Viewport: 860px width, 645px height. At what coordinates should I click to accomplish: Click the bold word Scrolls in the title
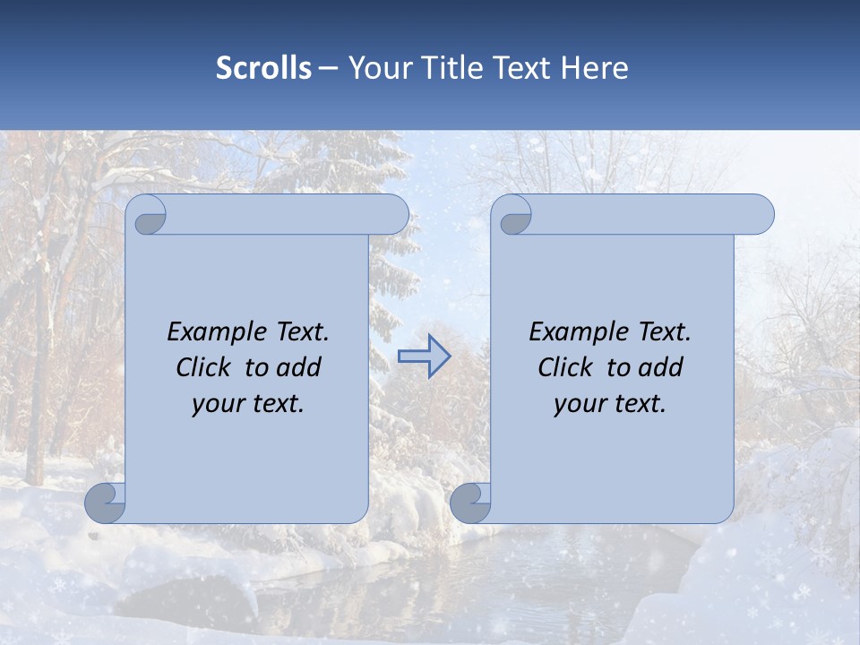pos(264,68)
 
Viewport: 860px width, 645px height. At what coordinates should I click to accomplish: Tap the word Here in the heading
pos(595,68)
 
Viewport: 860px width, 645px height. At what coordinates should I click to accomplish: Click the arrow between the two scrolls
pos(425,357)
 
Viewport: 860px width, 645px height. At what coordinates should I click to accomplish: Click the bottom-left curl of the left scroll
pos(105,503)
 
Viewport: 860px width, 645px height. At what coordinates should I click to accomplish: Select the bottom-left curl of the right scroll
pos(469,503)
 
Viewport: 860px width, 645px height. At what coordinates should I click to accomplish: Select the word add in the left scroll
pos(300,367)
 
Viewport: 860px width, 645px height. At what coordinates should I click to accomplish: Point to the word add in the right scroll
pos(662,367)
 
